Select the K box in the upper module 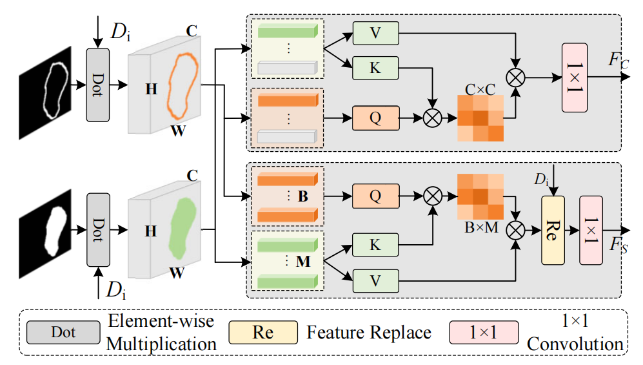[x=376, y=67]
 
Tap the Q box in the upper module [x=376, y=118]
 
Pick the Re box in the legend [x=263, y=333]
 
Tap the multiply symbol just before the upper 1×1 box [x=515, y=77]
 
